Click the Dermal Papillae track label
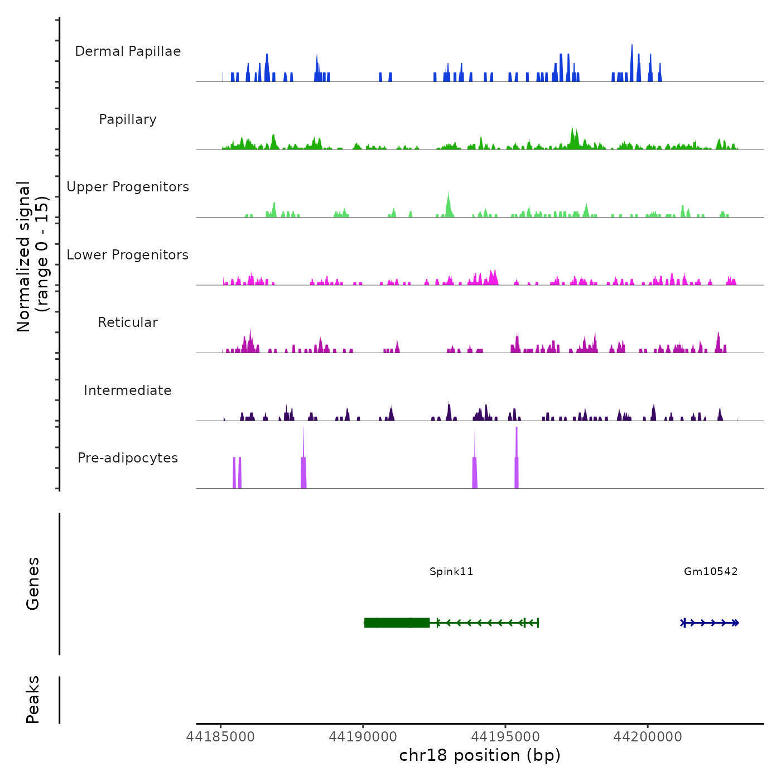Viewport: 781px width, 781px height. click(128, 51)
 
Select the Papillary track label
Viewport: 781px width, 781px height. click(128, 119)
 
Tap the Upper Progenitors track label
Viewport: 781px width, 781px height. click(128, 187)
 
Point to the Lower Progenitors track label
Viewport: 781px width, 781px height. click(128, 255)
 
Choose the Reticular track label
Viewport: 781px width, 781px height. click(128, 322)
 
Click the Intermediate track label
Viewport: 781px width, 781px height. click(128, 390)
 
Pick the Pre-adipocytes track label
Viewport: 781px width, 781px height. click(128, 458)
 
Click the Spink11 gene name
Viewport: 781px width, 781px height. click(451, 571)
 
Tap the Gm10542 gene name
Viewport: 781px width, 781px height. click(711, 571)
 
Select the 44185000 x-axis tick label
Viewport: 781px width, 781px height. click(220, 737)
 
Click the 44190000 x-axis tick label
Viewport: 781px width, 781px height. click(363, 737)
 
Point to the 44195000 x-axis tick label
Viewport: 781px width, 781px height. click(505, 737)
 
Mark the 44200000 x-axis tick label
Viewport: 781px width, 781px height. click(648, 737)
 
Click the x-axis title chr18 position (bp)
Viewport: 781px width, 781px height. click(480, 755)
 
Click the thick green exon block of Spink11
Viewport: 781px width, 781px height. click(397, 623)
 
